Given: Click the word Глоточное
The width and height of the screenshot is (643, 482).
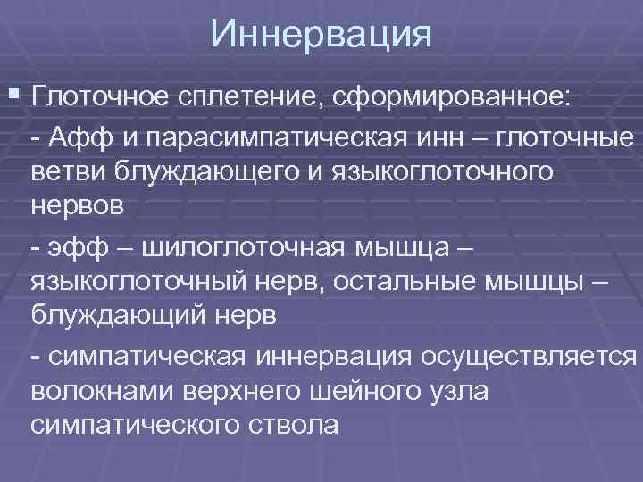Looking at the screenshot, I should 100,96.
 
